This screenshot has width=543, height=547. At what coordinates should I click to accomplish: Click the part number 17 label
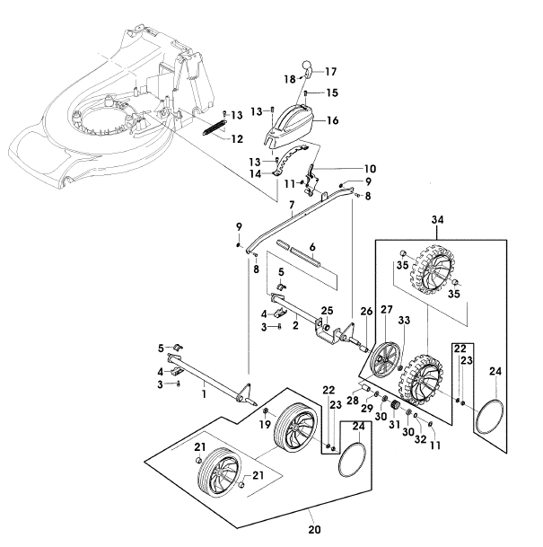331,72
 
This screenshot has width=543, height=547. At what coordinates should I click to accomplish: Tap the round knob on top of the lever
306,66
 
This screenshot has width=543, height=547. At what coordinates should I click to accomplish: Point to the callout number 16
332,120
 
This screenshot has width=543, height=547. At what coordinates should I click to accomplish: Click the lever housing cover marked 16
290,127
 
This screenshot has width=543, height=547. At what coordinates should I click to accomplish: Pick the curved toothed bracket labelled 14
290,160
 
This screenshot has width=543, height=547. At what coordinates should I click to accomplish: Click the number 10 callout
370,169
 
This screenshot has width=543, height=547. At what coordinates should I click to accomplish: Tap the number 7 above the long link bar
292,205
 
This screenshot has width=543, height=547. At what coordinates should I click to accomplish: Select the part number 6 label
312,247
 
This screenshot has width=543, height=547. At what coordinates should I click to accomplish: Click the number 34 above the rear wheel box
437,220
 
